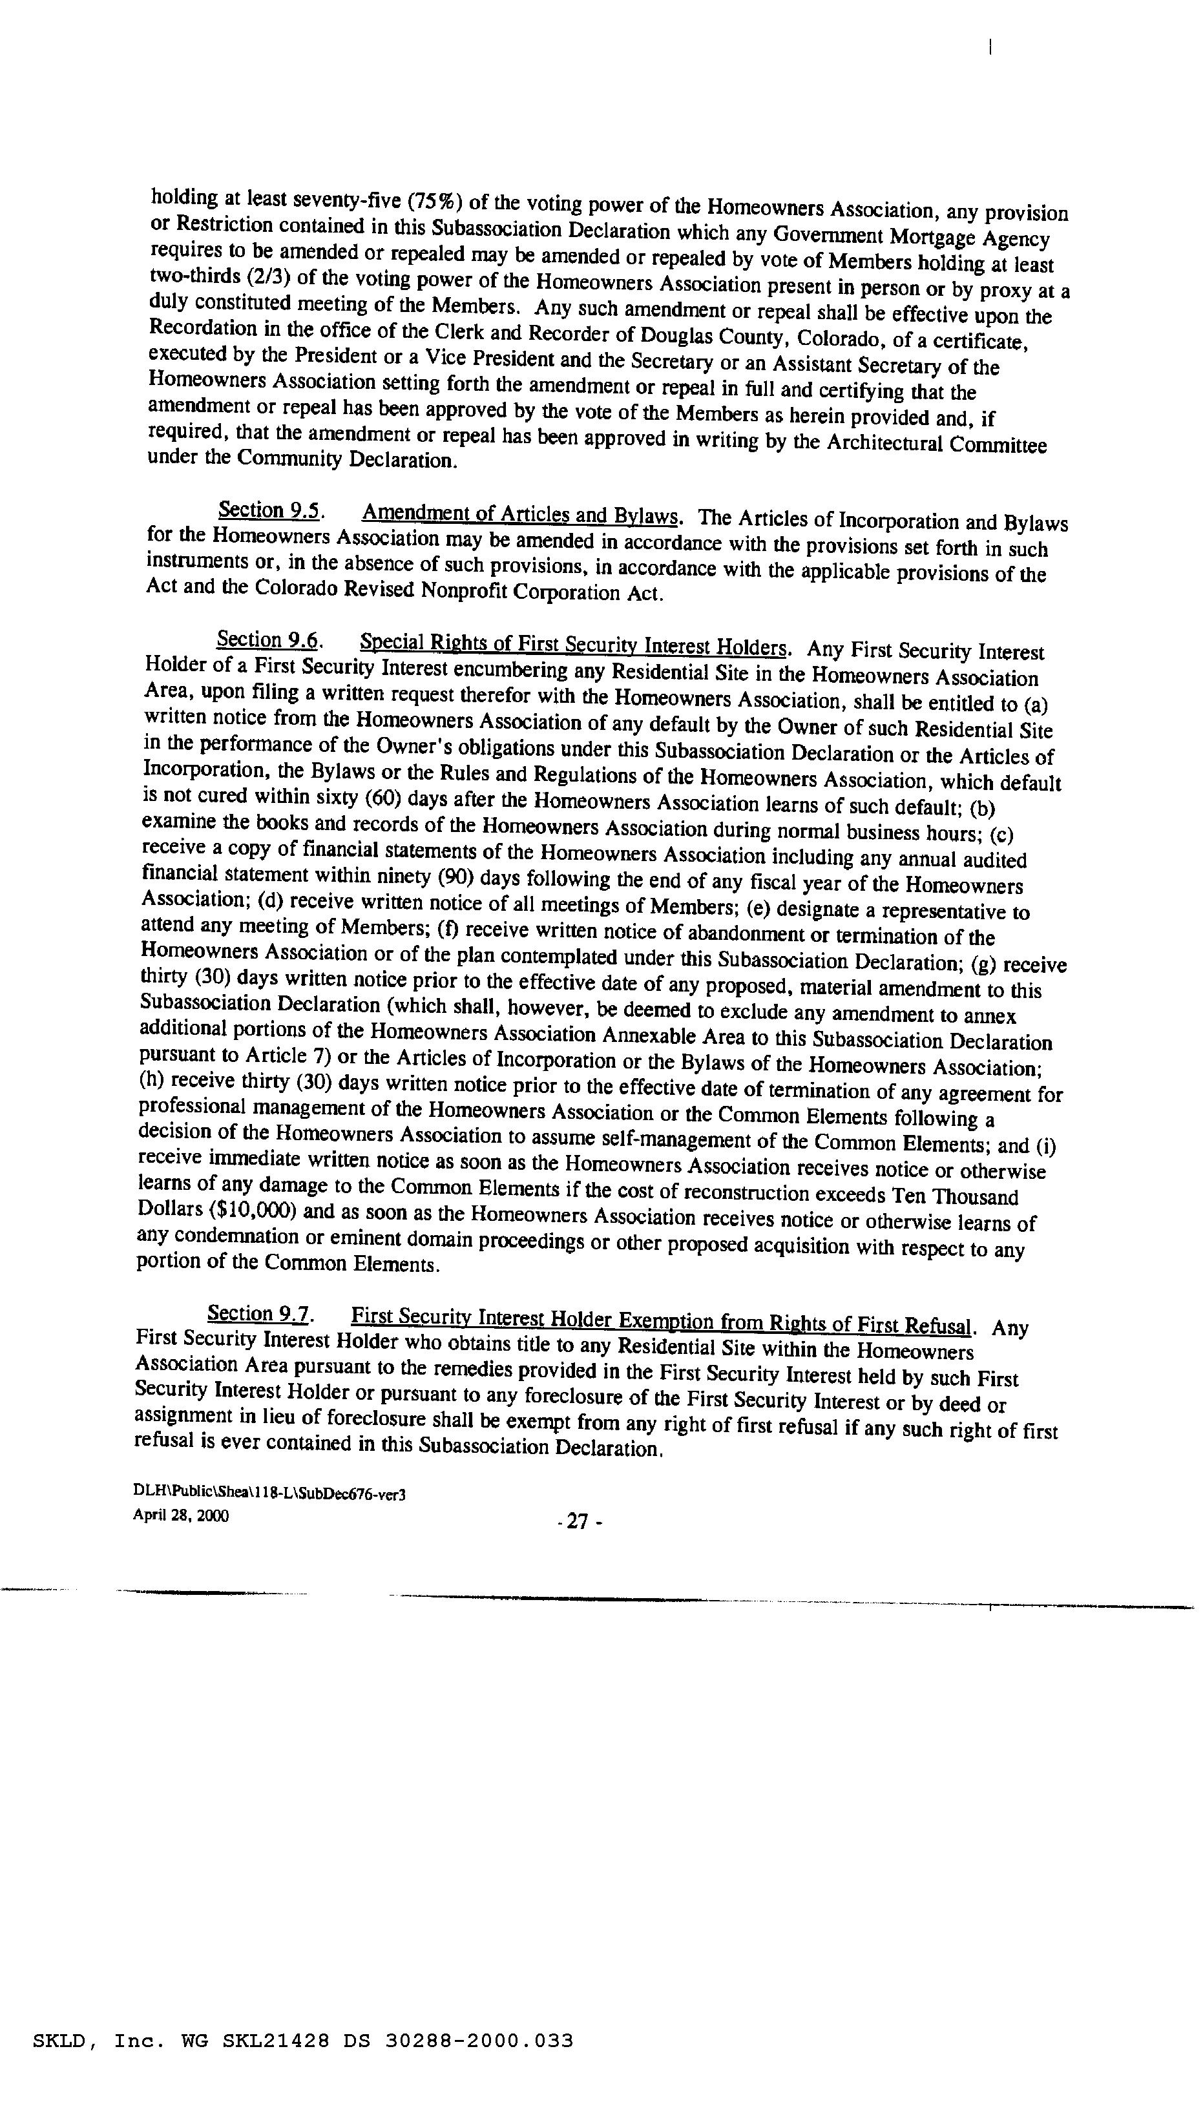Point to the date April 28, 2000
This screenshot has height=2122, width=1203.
181,1515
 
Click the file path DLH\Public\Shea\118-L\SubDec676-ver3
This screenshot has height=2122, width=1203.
269,1493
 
